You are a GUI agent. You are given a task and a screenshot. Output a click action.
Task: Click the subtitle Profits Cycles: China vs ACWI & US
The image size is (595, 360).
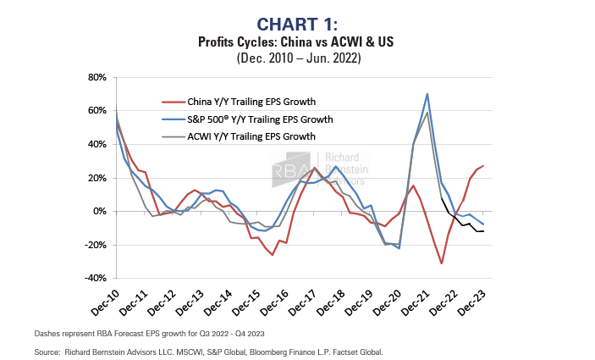(297, 41)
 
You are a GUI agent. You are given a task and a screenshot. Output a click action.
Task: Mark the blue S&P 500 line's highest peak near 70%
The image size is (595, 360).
(427, 93)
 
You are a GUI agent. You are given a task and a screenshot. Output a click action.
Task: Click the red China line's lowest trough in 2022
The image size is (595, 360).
(442, 263)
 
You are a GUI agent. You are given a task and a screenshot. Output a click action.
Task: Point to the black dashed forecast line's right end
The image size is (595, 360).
(482, 231)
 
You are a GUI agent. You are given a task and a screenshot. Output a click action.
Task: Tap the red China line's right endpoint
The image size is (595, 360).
(482, 167)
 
